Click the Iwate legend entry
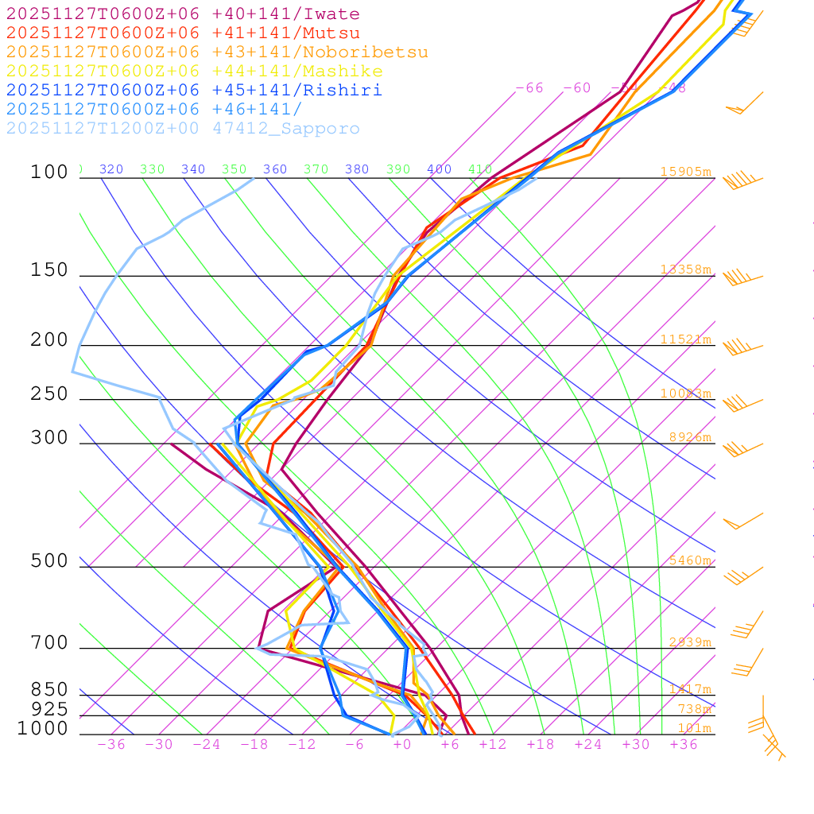coord(183,14)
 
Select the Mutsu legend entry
coord(183,33)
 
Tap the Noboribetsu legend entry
coord(217,52)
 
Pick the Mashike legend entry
coord(194,72)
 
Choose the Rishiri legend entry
coord(194,91)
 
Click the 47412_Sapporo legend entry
coord(183,129)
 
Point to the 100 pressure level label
coord(49,172)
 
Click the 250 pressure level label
coord(49,394)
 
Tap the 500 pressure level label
coord(49,561)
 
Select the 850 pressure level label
coord(49,690)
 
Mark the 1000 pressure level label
coord(43,729)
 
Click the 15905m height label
coord(685,172)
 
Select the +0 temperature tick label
coord(402,744)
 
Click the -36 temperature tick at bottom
coord(111,744)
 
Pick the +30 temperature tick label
coord(636,744)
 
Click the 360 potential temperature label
coord(275,169)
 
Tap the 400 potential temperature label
coord(440,169)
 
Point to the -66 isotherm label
coord(529,88)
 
